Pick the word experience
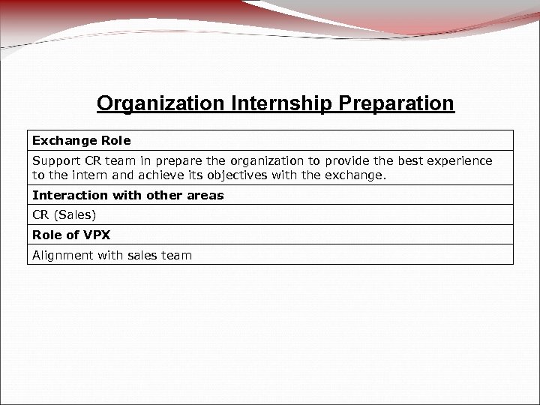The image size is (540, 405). pos(463,161)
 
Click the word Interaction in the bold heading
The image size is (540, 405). pos(64,196)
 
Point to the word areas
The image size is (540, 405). pos(206,196)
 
